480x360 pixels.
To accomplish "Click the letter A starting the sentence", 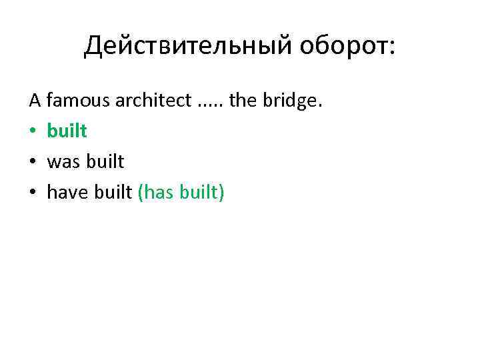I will (x=35, y=101).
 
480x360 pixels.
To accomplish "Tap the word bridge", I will (x=291, y=101).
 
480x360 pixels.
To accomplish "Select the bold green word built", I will (x=67, y=131).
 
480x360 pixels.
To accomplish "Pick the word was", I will (x=63, y=162).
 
